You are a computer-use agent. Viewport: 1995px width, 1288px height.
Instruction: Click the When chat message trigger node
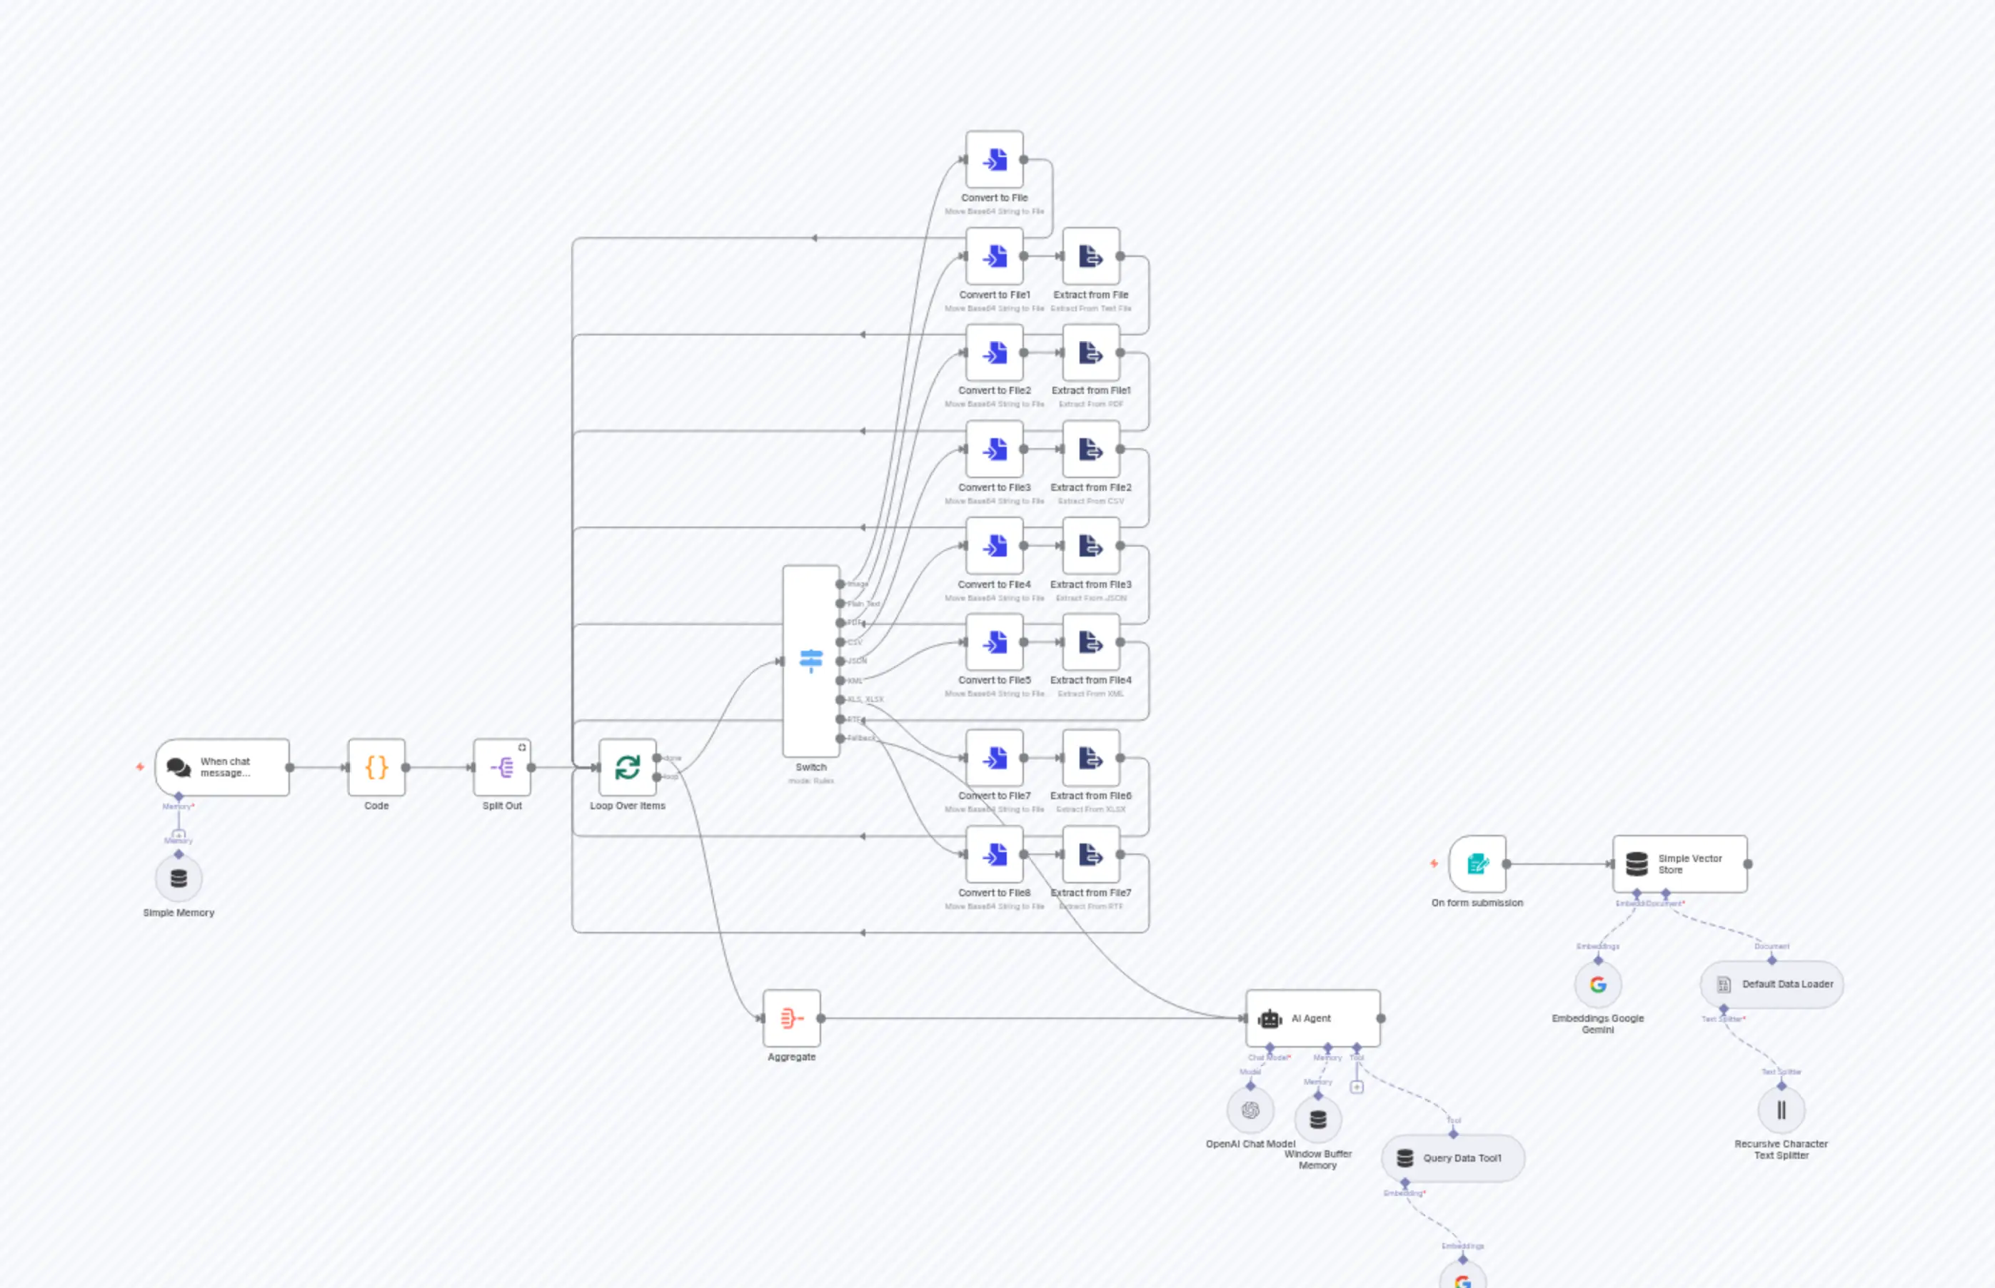(222, 767)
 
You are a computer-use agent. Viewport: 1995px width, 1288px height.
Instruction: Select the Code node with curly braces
(376, 767)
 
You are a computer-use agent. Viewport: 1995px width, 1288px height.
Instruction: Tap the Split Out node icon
(502, 767)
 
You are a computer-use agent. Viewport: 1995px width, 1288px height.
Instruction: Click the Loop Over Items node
(628, 767)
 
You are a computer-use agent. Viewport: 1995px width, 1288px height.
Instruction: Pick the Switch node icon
(811, 661)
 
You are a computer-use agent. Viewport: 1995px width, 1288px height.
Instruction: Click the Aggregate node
(792, 1018)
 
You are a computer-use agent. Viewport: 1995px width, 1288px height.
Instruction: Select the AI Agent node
(1312, 1018)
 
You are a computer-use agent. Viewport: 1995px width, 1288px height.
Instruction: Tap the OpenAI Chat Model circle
(1250, 1110)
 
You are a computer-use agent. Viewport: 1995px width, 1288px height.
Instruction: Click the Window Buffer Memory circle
(1318, 1119)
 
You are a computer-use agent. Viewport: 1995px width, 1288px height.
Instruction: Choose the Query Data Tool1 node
(1453, 1158)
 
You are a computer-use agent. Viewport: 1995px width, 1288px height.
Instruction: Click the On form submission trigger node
(1478, 864)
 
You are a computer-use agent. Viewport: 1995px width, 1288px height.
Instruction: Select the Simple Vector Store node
(1679, 864)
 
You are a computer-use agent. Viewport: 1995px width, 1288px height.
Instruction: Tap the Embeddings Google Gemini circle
(1598, 985)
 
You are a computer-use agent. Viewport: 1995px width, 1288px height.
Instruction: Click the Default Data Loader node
(1772, 985)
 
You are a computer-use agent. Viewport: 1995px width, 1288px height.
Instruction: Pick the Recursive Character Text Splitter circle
(1781, 1110)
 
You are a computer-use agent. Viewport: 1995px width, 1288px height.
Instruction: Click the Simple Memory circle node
(179, 878)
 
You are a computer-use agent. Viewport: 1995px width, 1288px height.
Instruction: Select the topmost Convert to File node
(994, 160)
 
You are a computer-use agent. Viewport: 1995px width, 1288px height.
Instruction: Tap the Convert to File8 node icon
(994, 855)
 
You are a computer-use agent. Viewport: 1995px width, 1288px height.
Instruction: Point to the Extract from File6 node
(1090, 759)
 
